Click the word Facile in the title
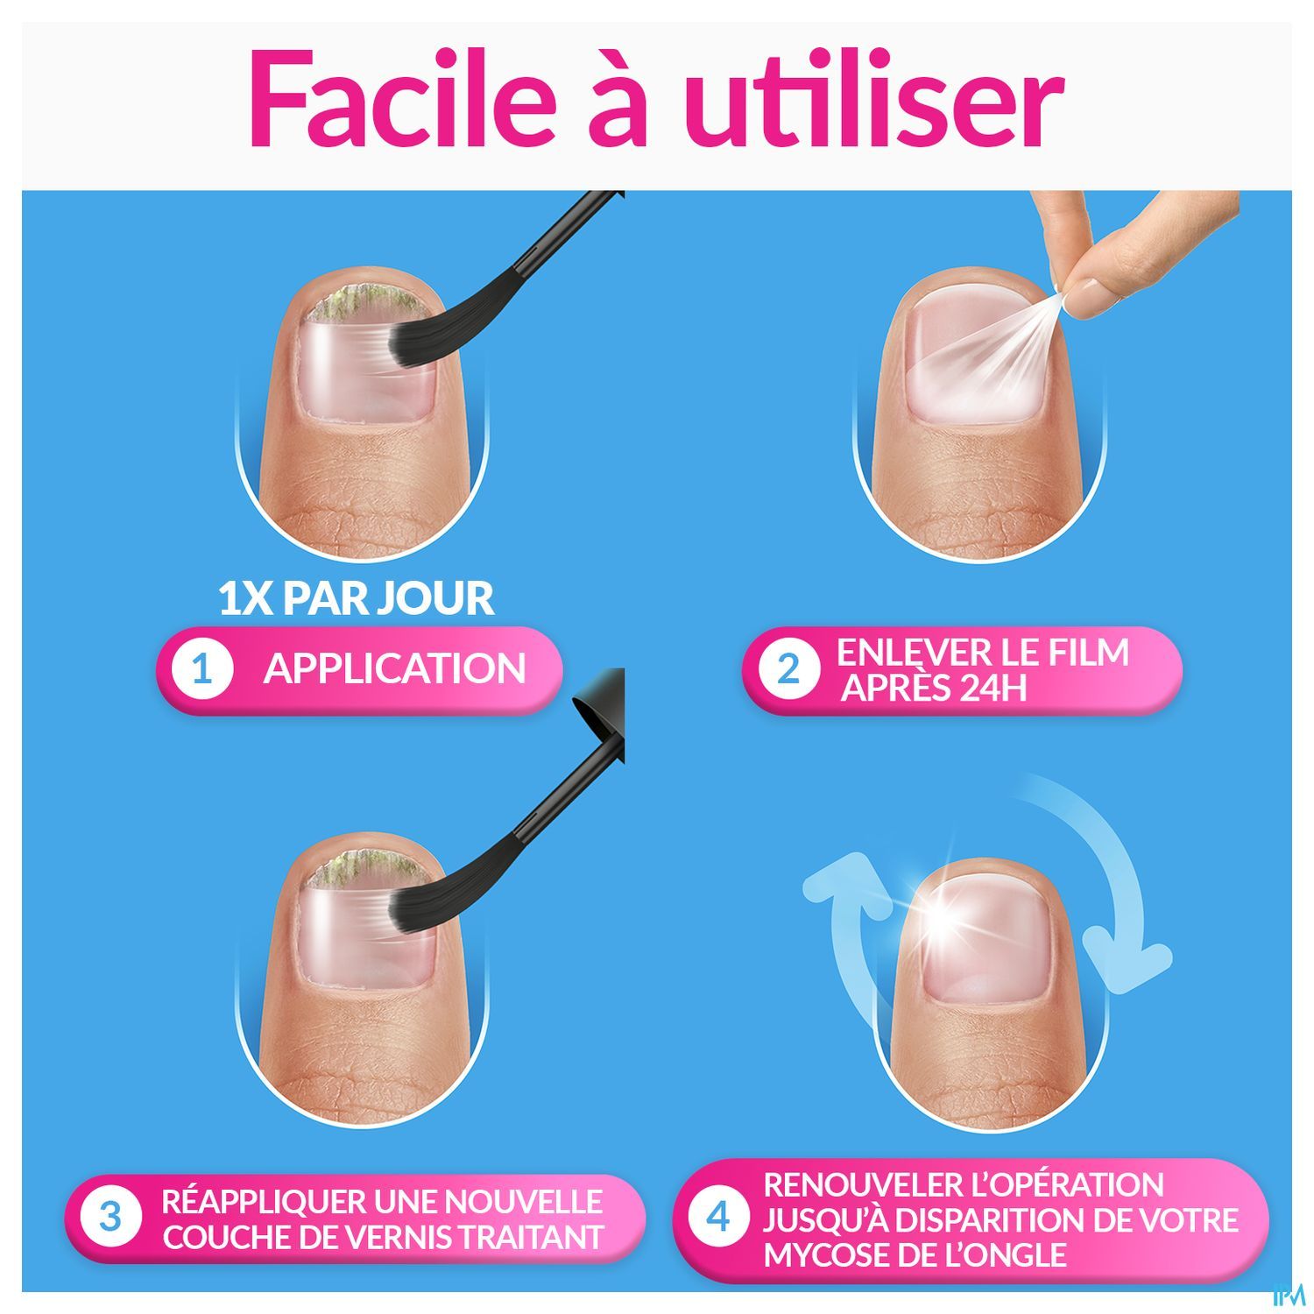pos(402,98)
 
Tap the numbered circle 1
pos(203,670)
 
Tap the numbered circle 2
pos(788,670)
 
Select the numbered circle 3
pos(110,1218)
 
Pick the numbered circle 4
pos(718,1218)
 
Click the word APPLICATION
pos(394,670)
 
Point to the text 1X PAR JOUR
pos(356,598)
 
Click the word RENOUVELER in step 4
pos(861,1184)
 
